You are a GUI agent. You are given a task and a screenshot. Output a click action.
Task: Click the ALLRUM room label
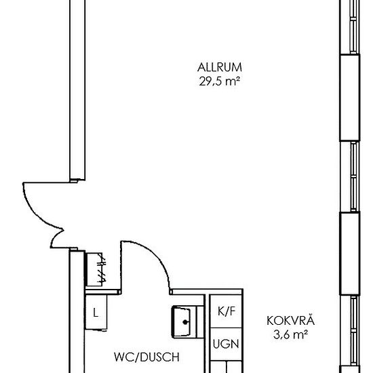[219, 67]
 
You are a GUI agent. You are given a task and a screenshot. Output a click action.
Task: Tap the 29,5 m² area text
[219, 81]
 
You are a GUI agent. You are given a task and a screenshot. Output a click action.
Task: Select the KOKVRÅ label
[290, 320]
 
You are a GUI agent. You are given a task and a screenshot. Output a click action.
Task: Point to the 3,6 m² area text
[290, 335]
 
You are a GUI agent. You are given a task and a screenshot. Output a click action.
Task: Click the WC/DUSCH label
[146, 357]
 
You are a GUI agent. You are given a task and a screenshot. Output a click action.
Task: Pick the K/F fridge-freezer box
[226, 311]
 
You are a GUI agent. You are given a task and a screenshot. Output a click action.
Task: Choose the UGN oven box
[226, 345]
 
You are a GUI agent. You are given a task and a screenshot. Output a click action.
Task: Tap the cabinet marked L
[96, 312]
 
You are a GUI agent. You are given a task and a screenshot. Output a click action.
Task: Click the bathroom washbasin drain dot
[185, 322]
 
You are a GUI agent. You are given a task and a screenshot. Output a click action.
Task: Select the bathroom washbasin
[185, 322]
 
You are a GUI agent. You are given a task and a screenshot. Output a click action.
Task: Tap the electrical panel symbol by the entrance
[95, 269]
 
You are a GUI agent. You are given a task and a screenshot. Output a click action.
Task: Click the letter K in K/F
[221, 311]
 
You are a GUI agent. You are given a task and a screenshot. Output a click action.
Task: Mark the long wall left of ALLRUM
[77, 90]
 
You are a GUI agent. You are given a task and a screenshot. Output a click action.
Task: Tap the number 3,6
[281, 335]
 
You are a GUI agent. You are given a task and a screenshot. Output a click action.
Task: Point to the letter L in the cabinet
[96, 313]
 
